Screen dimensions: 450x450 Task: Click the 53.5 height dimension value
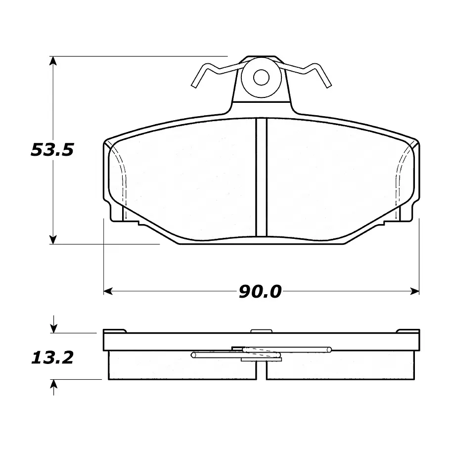(52, 150)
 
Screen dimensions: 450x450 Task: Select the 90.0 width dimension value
(260, 292)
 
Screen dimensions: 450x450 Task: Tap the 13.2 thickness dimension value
(52, 358)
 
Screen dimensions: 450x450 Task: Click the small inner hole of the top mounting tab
(261, 77)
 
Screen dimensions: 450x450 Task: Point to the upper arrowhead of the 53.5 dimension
(53, 61)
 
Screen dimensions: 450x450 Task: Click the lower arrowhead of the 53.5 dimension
(53, 240)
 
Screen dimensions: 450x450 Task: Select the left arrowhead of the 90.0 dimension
(108, 291)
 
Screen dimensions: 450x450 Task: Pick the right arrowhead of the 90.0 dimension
(415, 291)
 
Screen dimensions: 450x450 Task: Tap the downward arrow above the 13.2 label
(53, 324)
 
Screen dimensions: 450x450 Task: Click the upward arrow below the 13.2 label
(53, 387)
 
